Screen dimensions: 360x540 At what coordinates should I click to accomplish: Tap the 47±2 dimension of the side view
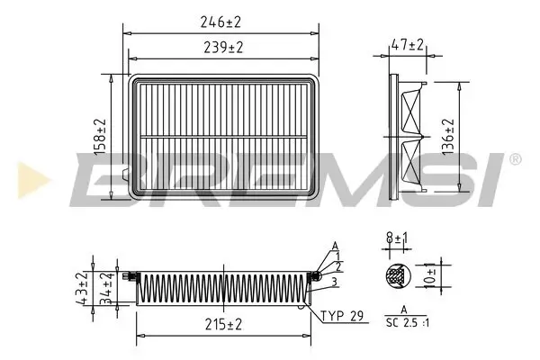point(409,44)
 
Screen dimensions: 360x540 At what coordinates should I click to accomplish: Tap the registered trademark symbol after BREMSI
point(515,159)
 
